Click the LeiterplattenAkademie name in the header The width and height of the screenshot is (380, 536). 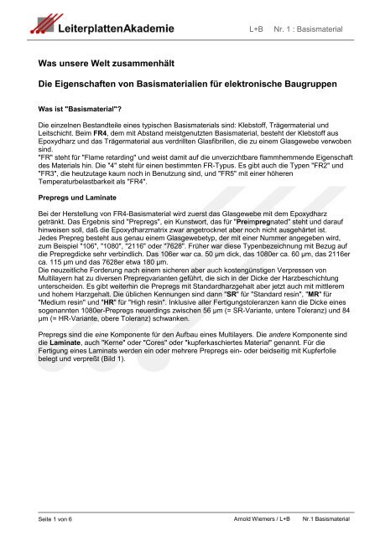105,28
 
